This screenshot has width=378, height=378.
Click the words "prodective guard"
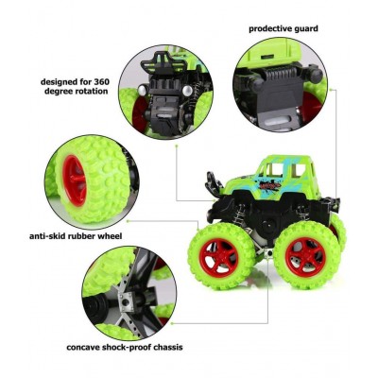(283, 29)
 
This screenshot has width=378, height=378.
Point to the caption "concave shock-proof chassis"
(124, 347)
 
